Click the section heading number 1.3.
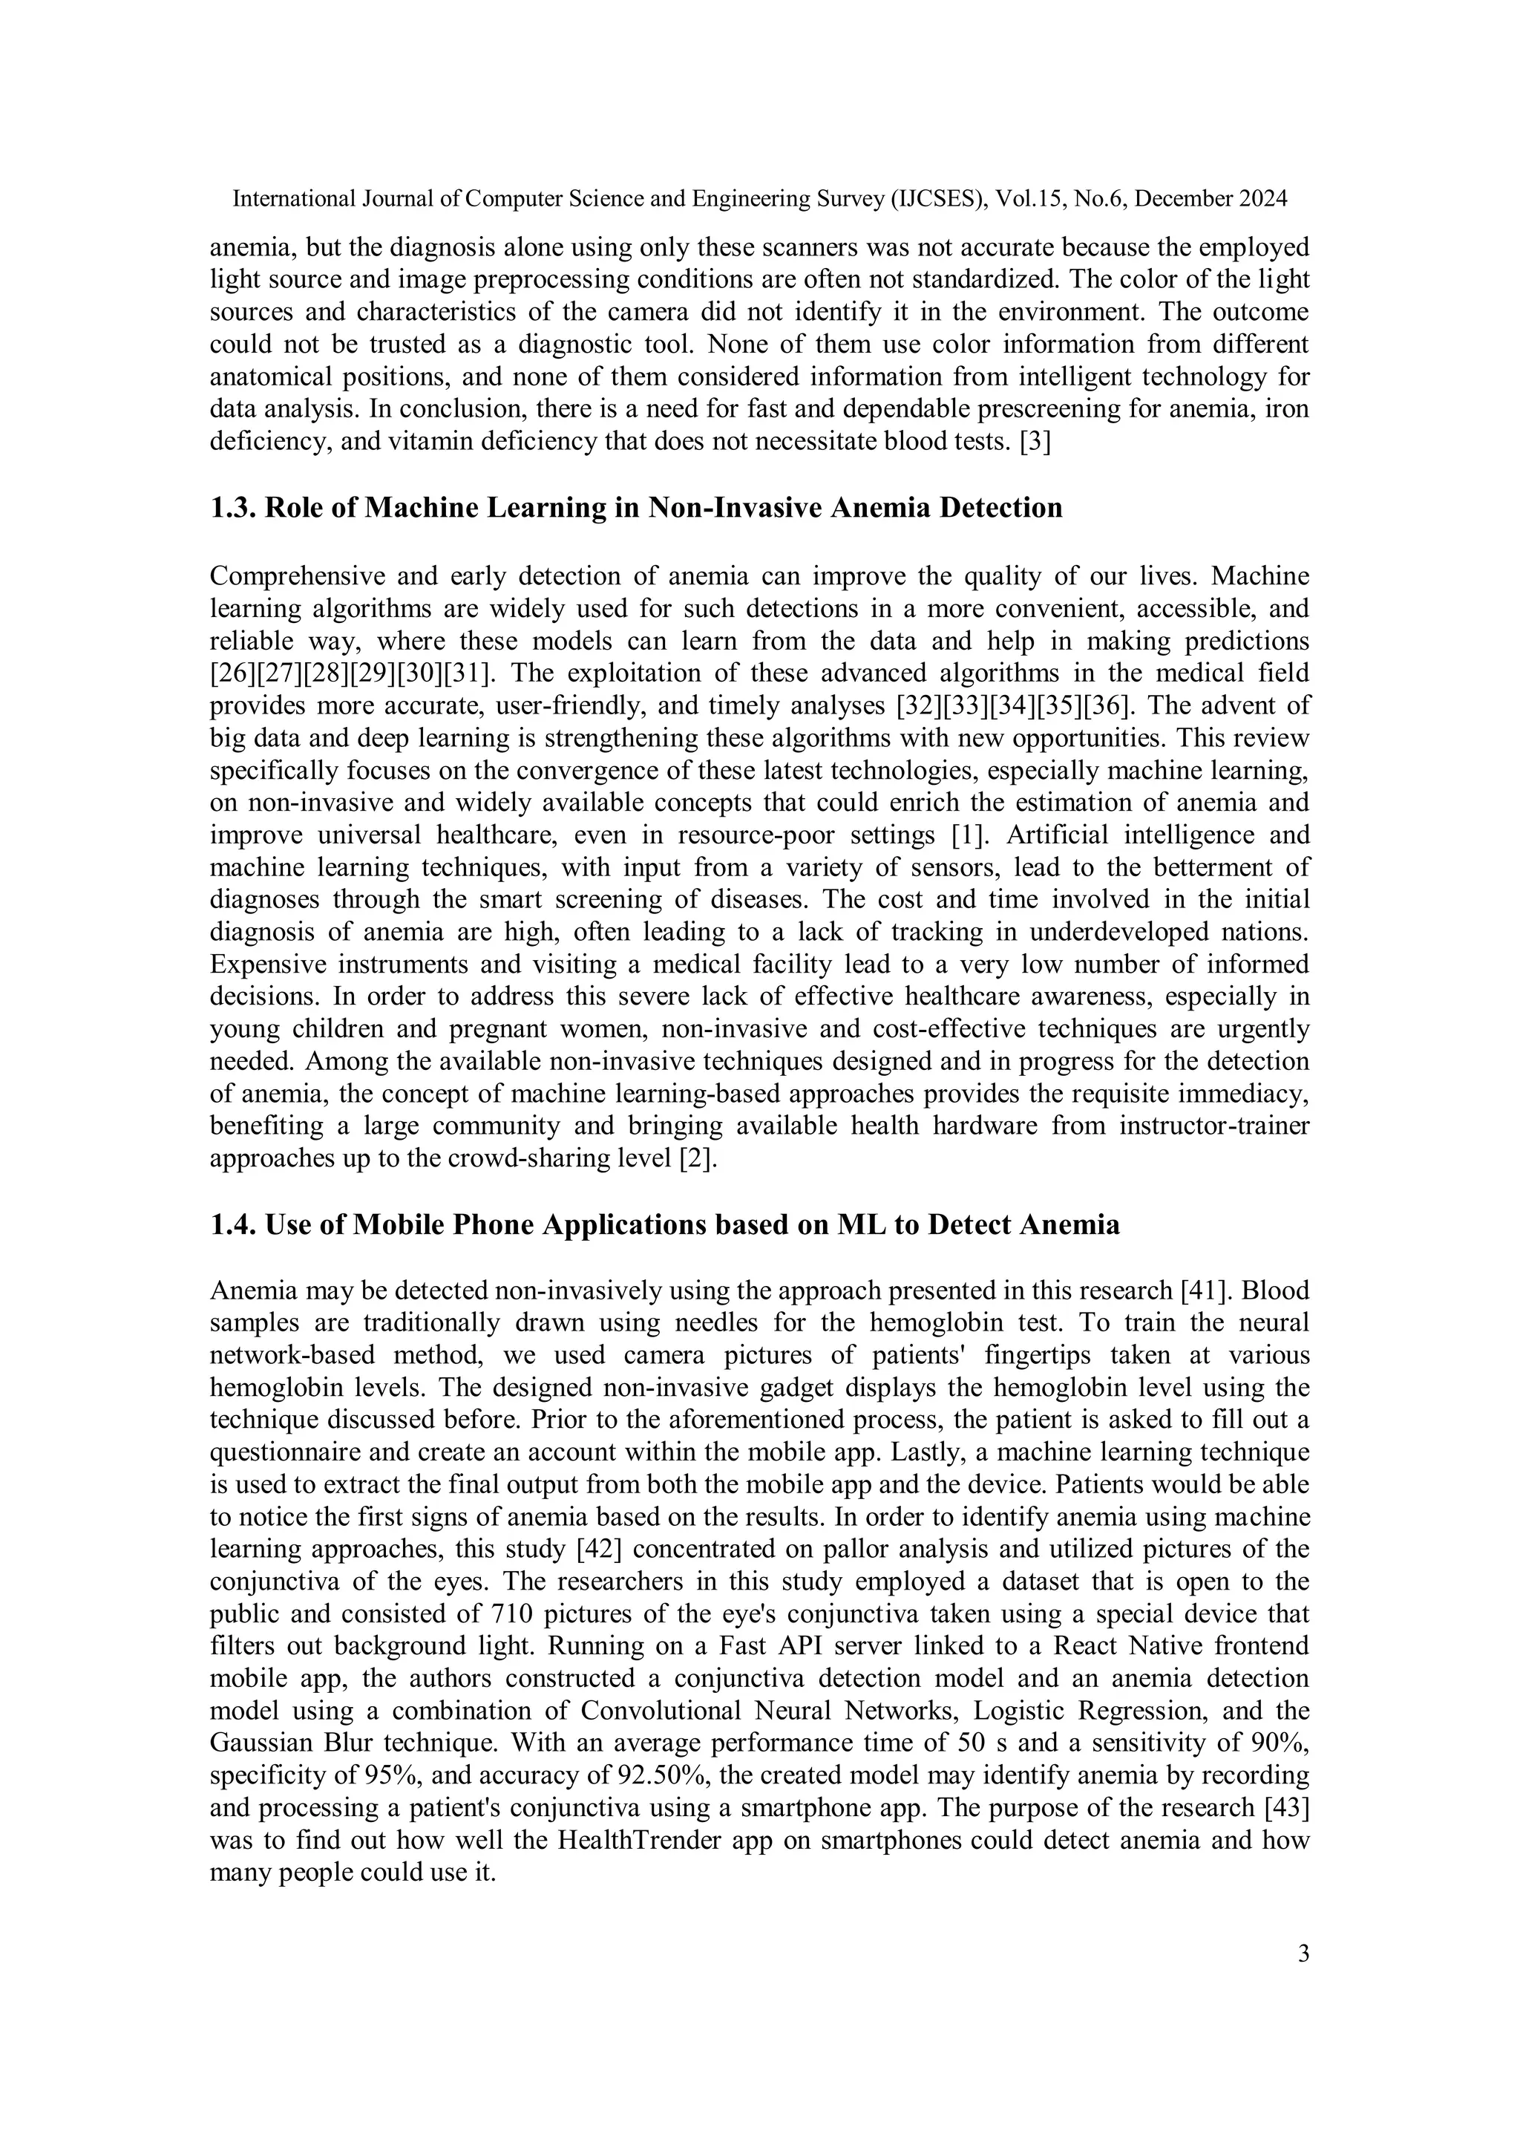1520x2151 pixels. tap(232, 508)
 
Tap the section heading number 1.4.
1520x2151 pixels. tap(232, 1224)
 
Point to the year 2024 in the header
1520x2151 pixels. tap(1263, 198)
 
